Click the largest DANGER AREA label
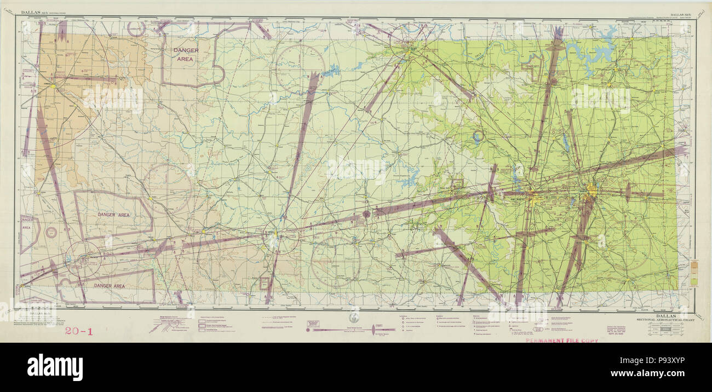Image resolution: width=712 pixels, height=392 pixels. click(186, 54)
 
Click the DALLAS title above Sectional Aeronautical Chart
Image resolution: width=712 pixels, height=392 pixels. click(664, 315)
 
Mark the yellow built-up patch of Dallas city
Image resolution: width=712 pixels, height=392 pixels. click(592, 192)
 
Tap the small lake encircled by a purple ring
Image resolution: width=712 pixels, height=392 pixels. click(478, 135)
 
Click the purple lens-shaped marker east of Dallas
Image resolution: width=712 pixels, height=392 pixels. click(628, 193)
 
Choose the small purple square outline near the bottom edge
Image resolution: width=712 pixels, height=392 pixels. click(265, 283)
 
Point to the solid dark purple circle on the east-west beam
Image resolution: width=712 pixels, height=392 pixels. click(366, 214)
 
